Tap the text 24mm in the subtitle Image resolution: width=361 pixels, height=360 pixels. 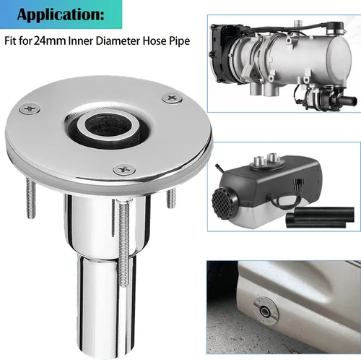50,40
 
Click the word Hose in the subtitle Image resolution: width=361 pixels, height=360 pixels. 152,40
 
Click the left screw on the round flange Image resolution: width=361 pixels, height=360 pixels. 30,108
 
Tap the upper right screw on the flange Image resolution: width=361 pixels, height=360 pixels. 173,98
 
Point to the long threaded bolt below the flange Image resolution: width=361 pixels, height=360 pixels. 124,244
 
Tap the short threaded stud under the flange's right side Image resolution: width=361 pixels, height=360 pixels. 170,198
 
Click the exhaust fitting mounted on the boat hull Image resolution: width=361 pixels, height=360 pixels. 266,311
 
